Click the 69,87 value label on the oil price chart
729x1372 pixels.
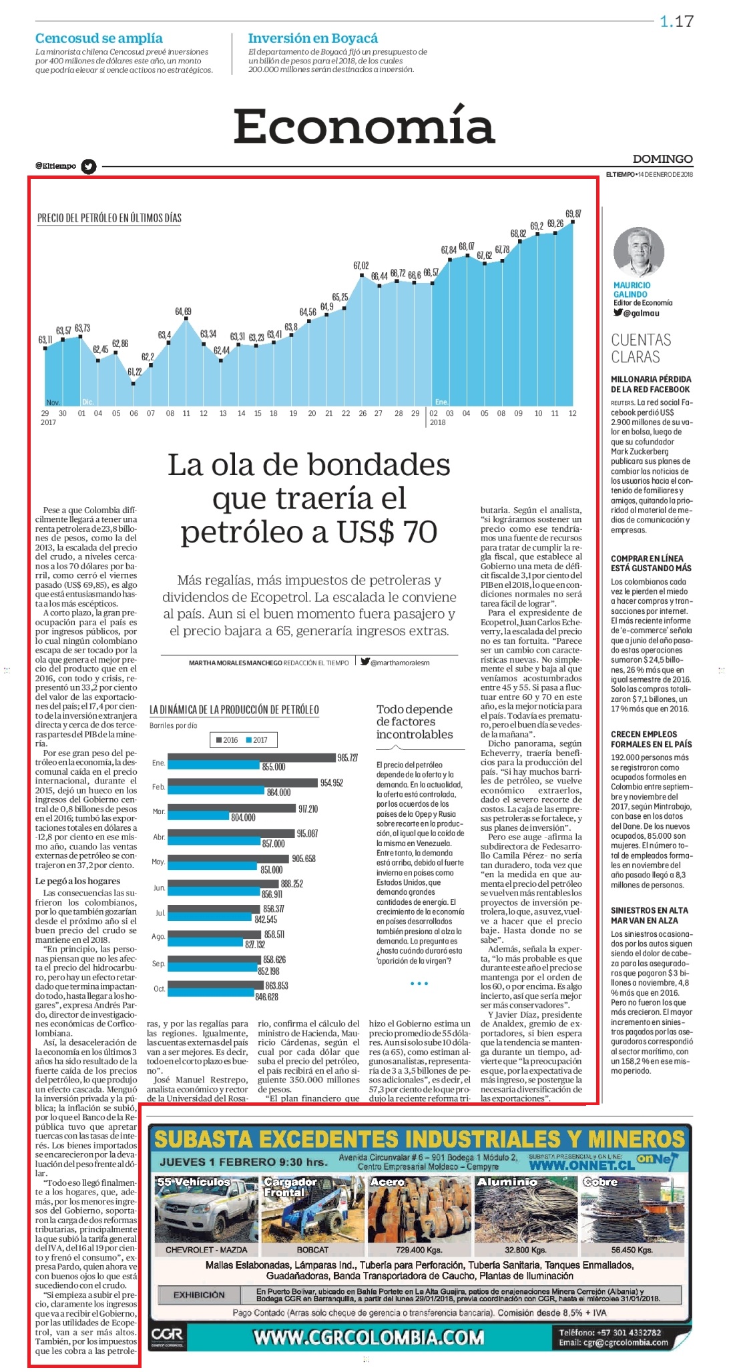[573, 214]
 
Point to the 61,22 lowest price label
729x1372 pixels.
[135, 372]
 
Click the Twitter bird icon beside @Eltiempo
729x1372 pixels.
[88, 166]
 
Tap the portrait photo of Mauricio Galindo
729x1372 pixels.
[639, 253]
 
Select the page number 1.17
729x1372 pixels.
[677, 21]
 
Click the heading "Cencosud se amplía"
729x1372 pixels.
[99, 38]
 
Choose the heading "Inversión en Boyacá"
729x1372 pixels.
[313, 38]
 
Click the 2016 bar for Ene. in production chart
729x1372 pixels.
[252, 757]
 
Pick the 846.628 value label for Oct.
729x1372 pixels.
[267, 996]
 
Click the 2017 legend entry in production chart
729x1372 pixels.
[257, 740]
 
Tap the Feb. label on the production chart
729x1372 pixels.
[158, 787]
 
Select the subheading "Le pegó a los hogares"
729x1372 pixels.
[77, 881]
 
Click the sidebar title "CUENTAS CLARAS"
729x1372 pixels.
[642, 348]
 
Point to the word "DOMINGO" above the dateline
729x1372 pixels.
[663, 159]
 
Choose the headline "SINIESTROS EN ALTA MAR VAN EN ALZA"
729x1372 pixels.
[650, 915]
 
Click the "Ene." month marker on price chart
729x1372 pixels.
[441, 402]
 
